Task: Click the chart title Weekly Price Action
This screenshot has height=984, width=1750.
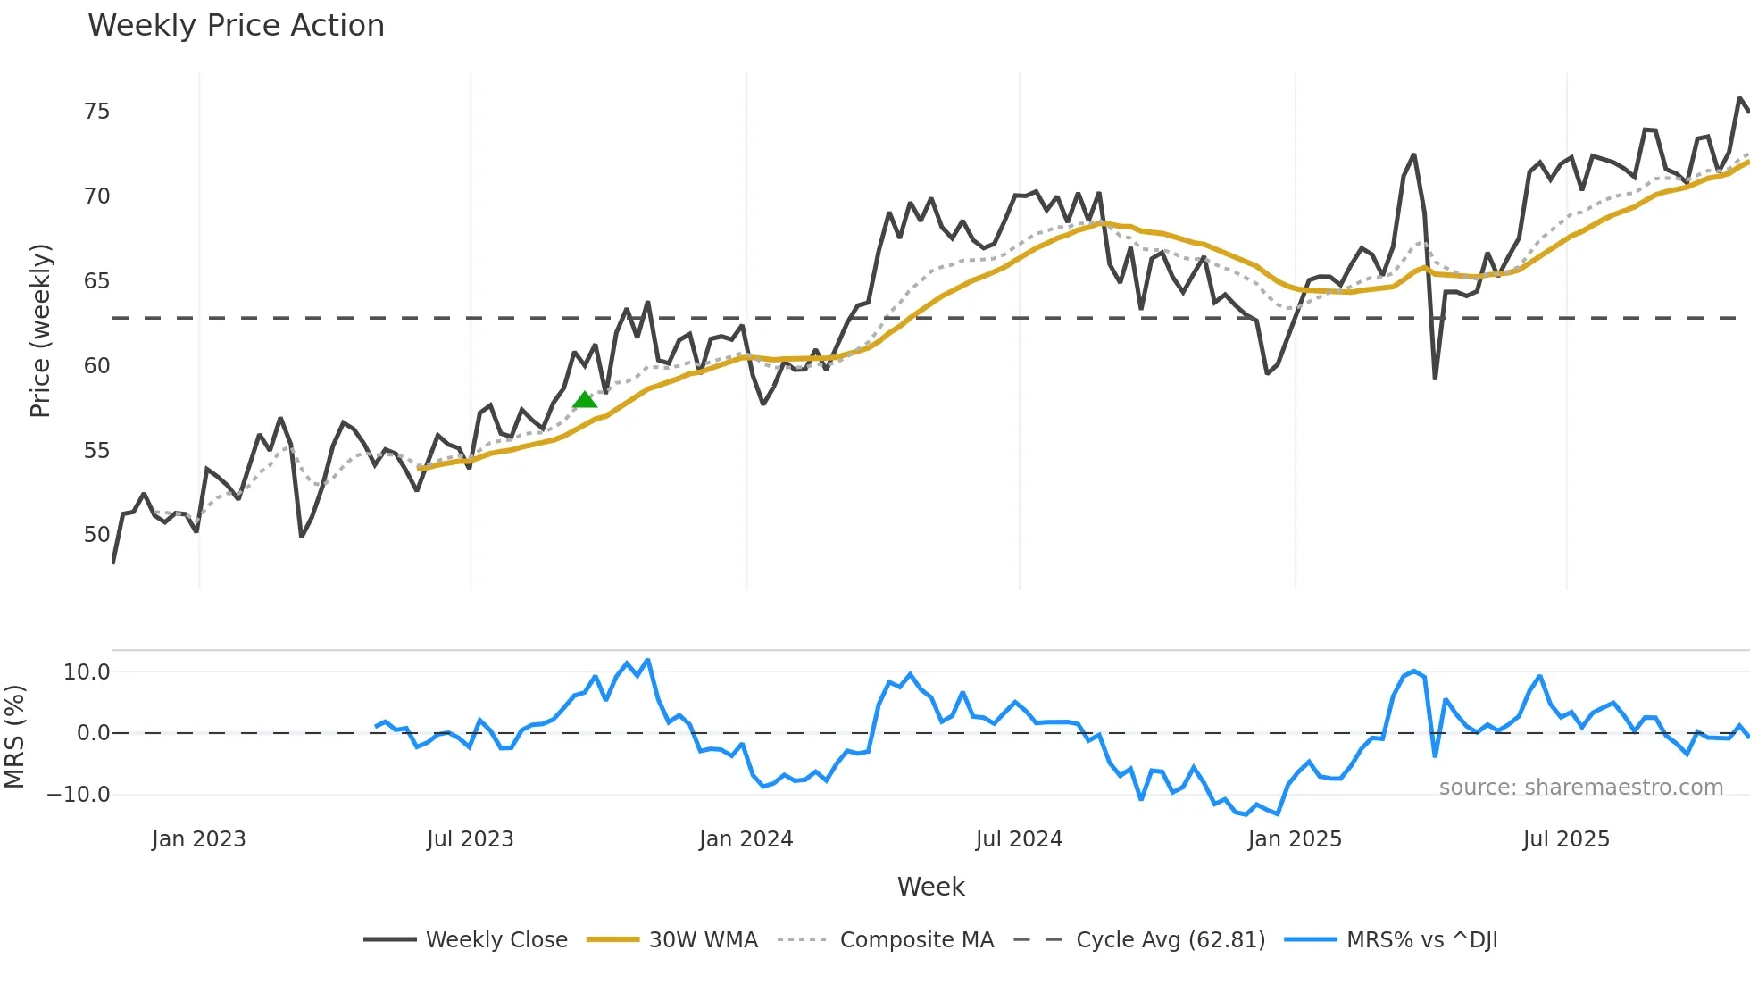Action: pyautogui.click(x=236, y=26)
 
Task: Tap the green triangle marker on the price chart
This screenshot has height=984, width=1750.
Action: pyautogui.click(x=585, y=400)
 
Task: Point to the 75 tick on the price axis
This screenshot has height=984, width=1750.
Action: pyautogui.click(x=96, y=112)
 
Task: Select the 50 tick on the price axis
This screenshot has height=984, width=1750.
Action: pyautogui.click(x=96, y=535)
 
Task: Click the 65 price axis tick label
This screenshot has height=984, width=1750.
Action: pyautogui.click(x=96, y=281)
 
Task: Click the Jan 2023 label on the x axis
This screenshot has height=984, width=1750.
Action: pyautogui.click(x=198, y=839)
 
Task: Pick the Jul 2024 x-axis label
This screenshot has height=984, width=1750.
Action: pyautogui.click(x=1019, y=839)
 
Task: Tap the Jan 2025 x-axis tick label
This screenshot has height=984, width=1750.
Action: pyautogui.click(x=1295, y=839)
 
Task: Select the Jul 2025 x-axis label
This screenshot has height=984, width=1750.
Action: pyautogui.click(x=1566, y=839)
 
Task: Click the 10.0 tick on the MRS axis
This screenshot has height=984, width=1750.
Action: pyautogui.click(x=87, y=672)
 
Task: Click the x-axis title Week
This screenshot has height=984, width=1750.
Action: pyautogui.click(x=930, y=887)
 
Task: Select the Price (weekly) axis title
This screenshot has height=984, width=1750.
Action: pyautogui.click(x=40, y=330)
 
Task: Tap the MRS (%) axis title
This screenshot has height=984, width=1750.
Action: pyautogui.click(x=14, y=737)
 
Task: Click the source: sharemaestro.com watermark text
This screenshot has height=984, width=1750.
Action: pyautogui.click(x=1580, y=788)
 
